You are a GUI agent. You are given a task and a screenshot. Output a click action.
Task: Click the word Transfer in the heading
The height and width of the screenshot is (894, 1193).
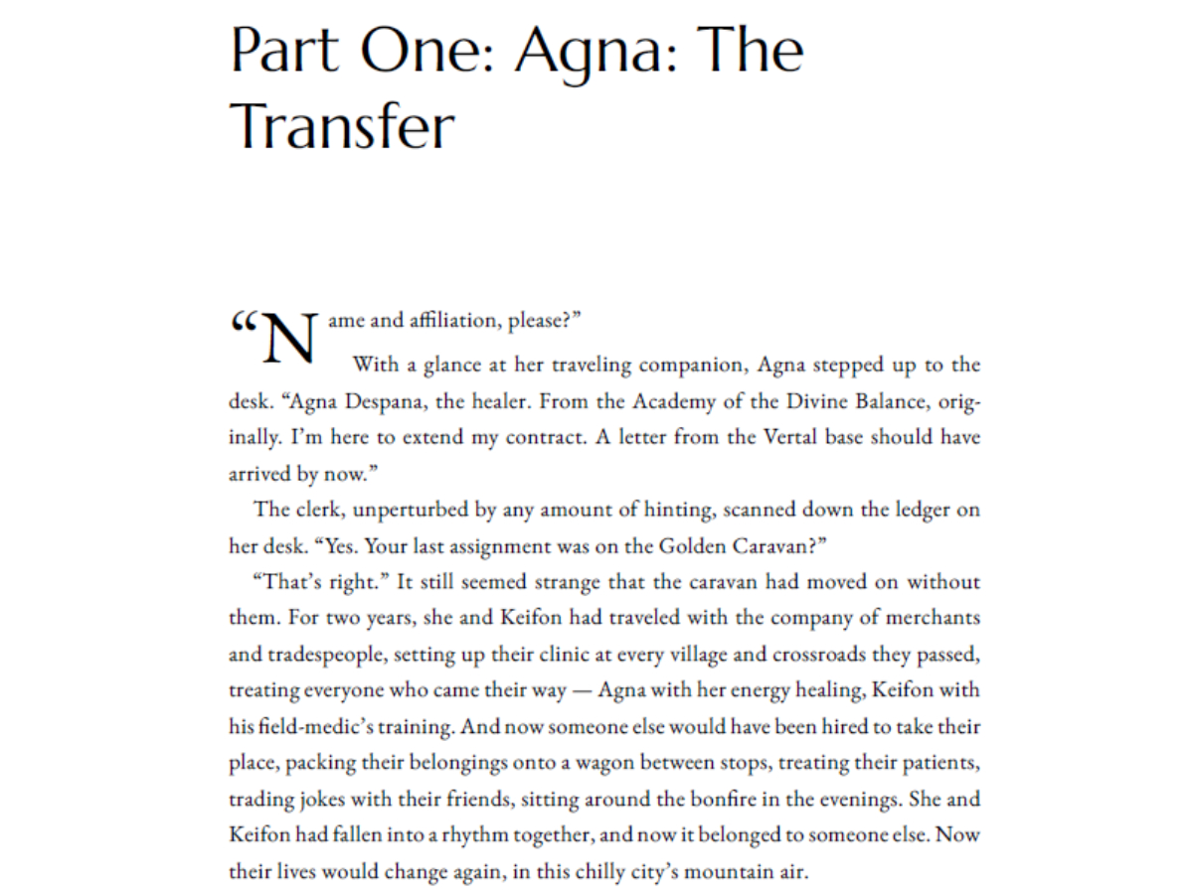pyautogui.click(x=342, y=126)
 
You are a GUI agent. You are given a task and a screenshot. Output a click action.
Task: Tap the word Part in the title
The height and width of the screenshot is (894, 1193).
pyautogui.click(x=282, y=50)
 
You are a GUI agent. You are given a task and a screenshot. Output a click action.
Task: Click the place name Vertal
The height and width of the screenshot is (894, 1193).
pyautogui.click(x=796, y=437)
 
